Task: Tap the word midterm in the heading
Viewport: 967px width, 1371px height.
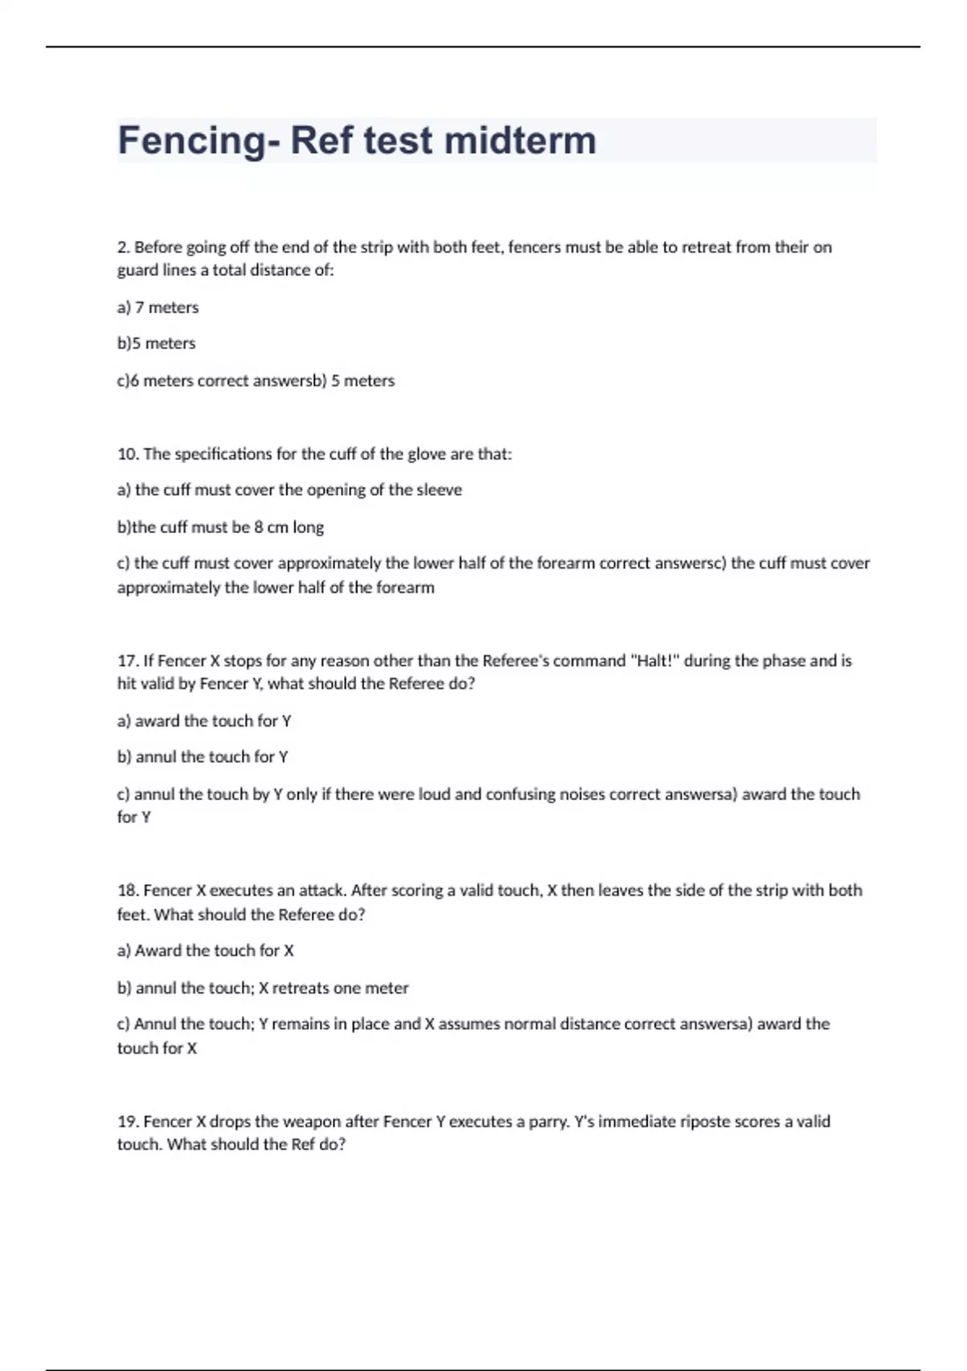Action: tap(520, 141)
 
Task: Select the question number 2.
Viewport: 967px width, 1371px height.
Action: tap(123, 247)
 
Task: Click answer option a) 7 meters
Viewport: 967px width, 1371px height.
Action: tap(158, 307)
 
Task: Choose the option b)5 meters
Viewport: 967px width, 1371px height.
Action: tap(156, 344)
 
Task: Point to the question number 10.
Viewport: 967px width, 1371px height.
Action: tap(127, 454)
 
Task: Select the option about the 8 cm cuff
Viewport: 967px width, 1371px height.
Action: tap(220, 527)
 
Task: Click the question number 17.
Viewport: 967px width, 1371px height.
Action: tap(127, 661)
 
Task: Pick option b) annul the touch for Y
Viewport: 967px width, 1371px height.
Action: tap(202, 757)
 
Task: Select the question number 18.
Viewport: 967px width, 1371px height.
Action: tap(127, 891)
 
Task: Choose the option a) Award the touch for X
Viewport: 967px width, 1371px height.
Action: tap(205, 951)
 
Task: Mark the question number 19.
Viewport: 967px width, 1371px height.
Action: tap(127, 1122)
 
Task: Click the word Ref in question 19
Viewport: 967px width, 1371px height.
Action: tap(303, 1144)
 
